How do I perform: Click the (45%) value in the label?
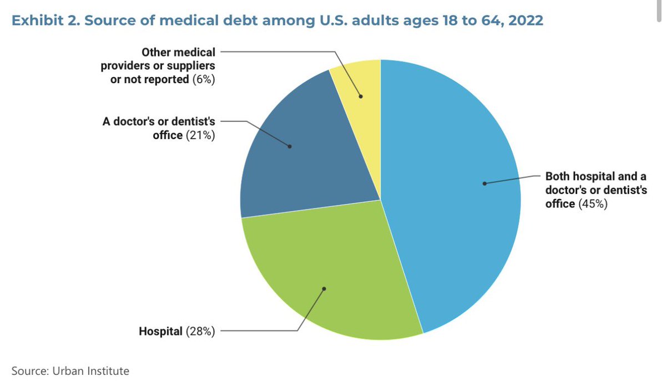pos(593,204)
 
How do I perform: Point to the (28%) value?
pos(200,332)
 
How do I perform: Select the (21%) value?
pos(200,135)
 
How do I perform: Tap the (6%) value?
pos(204,79)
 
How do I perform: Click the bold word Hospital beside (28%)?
pos(160,332)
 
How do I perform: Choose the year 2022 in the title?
pos(525,21)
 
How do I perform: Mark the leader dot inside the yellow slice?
pos(361,96)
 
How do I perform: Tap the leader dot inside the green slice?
pos(325,288)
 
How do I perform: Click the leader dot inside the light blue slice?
pos(484,183)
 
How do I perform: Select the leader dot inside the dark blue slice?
pos(290,146)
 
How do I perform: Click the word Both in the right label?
pos(557,177)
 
